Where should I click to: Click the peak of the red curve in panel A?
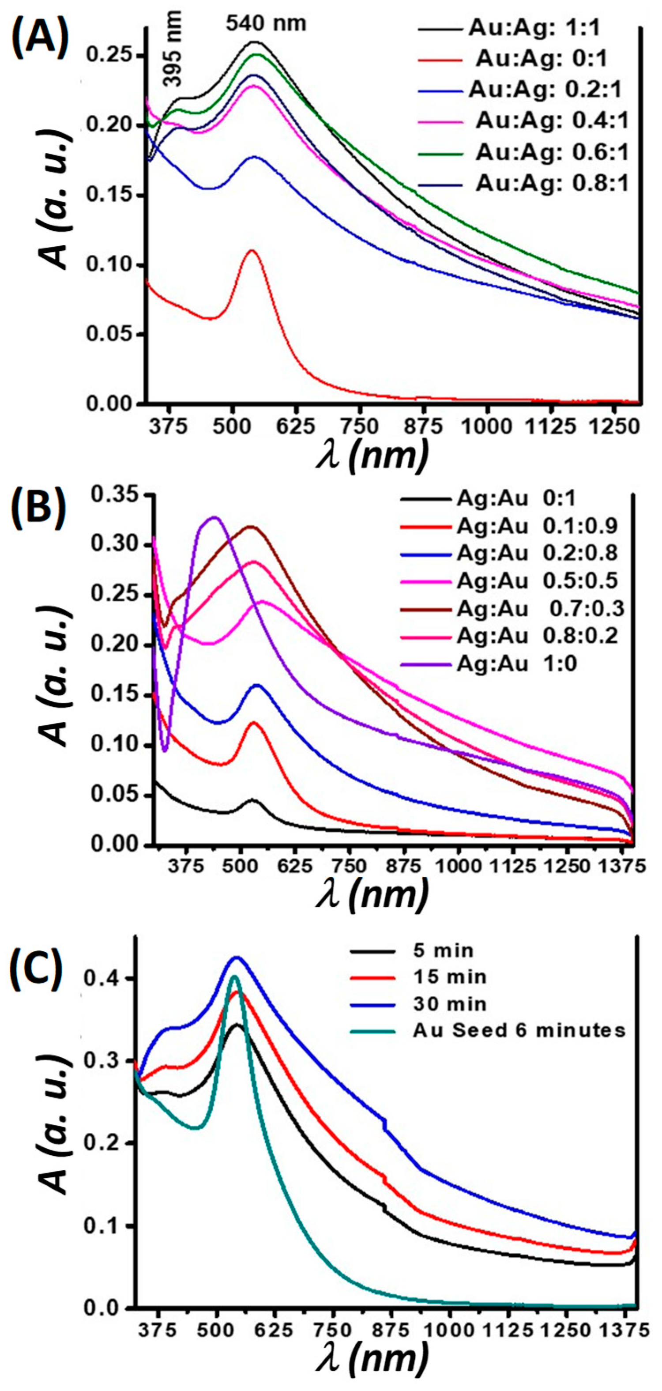point(252,251)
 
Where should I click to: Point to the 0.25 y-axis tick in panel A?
point(110,56)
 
